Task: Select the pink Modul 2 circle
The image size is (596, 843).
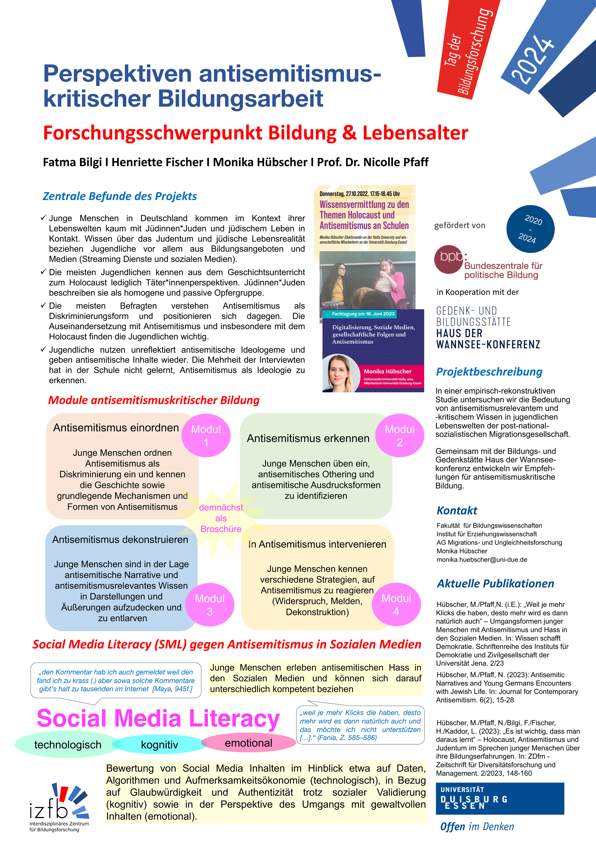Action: (x=399, y=435)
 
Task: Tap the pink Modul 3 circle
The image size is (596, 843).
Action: (x=210, y=604)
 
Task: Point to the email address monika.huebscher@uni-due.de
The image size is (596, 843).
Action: (x=481, y=560)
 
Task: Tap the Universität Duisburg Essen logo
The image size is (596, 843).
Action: (x=499, y=799)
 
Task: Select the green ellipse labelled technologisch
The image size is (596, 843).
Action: (x=67, y=745)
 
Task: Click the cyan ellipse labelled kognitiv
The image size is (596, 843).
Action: (x=159, y=745)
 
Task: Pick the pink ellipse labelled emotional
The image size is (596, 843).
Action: (x=248, y=743)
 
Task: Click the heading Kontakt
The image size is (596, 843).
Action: (x=457, y=510)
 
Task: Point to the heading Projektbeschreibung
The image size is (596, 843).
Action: (x=489, y=372)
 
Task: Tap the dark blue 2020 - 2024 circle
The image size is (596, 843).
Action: (x=530, y=229)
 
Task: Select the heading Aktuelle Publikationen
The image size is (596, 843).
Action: (x=495, y=583)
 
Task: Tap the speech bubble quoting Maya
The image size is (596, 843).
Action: (x=115, y=680)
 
